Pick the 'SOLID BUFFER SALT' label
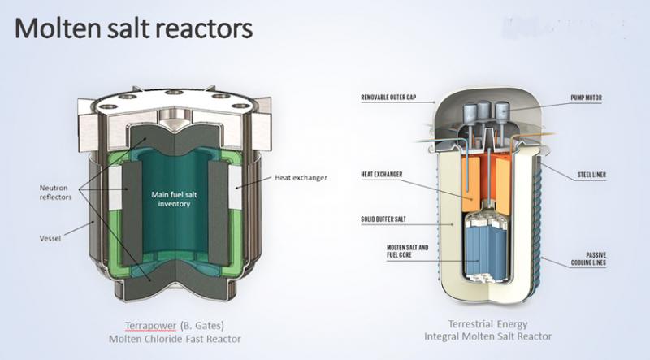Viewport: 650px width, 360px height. [x=389, y=219]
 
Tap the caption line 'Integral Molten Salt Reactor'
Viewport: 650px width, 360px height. [x=487, y=336]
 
